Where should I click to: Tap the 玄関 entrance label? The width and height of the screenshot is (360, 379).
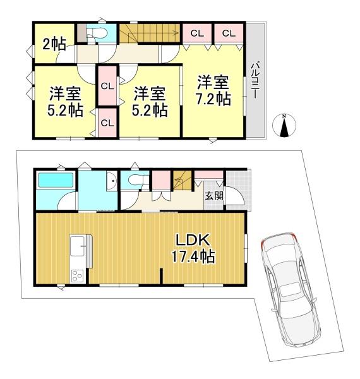[214, 196]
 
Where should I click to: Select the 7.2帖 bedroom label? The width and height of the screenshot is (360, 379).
[213, 90]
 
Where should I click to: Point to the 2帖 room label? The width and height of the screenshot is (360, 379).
[54, 44]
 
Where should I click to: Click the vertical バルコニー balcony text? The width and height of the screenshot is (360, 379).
[255, 81]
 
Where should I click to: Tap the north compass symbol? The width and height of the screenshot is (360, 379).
[284, 126]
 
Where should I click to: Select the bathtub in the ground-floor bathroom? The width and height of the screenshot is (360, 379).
[56, 179]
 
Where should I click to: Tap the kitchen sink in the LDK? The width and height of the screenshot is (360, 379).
[77, 246]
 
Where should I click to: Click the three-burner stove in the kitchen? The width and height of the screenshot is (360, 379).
[77, 276]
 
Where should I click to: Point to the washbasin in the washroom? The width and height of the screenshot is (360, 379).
[111, 181]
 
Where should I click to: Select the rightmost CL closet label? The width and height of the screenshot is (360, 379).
[229, 33]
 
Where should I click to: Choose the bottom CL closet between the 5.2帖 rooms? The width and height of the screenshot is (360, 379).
[107, 123]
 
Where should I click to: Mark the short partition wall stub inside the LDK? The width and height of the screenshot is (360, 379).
[161, 276]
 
